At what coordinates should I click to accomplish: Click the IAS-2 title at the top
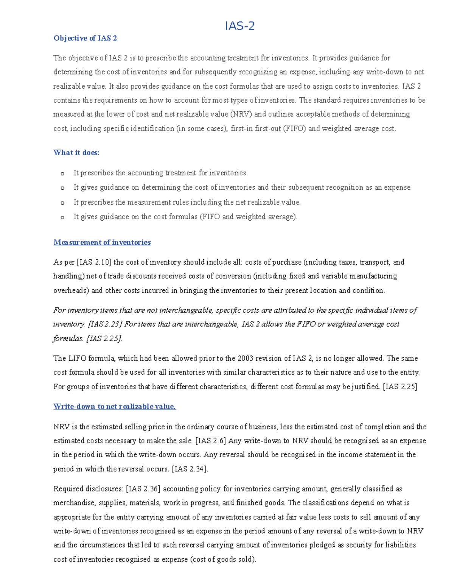(x=239, y=26)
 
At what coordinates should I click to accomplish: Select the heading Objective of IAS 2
(x=85, y=38)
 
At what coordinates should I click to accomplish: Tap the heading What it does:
(x=76, y=153)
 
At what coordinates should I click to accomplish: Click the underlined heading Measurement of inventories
(x=102, y=242)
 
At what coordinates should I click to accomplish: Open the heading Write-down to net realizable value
(x=115, y=407)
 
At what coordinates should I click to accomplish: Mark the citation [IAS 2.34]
(x=190, y=469)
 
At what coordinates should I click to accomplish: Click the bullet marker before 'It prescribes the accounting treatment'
(x=62, y=174)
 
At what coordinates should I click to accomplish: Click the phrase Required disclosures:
(x=88, y=489)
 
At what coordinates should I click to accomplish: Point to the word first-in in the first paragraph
(x=241, y=129)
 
